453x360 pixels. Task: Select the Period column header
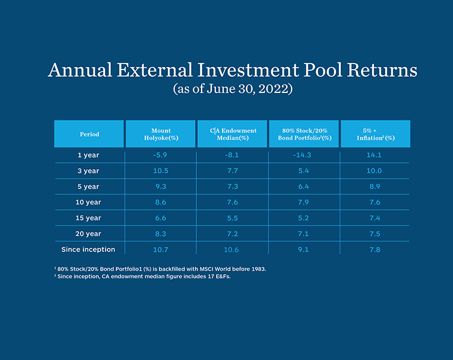click(x=89, y=134)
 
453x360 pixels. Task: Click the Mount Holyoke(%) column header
click(x=161, y=134)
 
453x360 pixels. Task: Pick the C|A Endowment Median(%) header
click(x=232, y=134)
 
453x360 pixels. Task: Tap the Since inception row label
click(x=88, y=249)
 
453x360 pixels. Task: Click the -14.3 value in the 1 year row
click(x=304, y=155)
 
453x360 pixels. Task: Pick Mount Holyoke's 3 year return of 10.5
click(x=161, y=171)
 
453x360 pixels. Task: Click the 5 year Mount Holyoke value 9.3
click(x=161, y=187)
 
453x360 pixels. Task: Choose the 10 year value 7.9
click(x=304, y=202)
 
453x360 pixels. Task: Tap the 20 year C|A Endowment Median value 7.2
click(x=232, y=233)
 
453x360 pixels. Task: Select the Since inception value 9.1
click(x=304, y=249)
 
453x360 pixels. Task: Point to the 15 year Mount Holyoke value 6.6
click(x=161, y=218)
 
